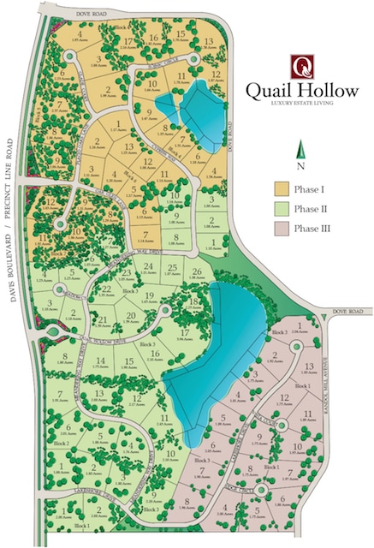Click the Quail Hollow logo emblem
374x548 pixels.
(301, 65)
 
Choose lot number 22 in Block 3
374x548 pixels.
(106, 289)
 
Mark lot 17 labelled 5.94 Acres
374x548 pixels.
(185, 332)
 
